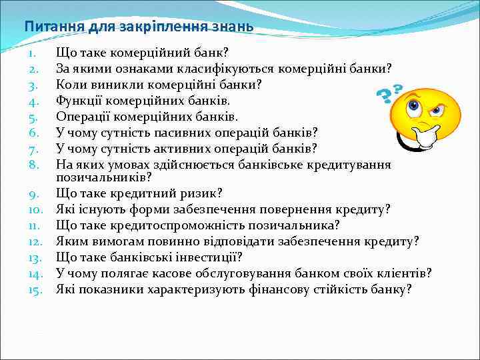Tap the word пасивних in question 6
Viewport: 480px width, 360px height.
(x=160, y=132)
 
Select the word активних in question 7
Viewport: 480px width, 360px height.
(x=161, y=148)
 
